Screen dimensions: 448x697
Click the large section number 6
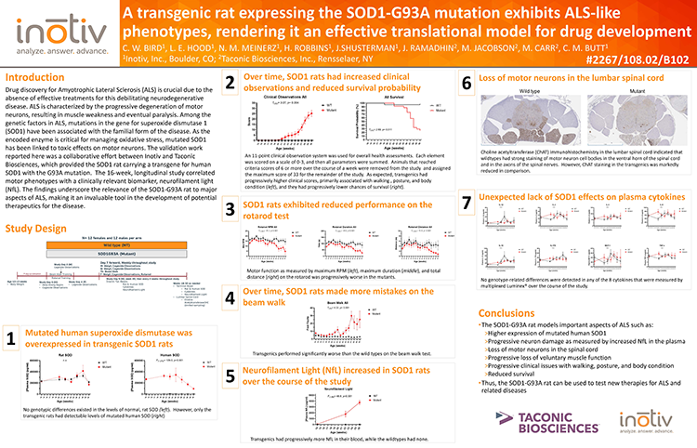tap(467, 83)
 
